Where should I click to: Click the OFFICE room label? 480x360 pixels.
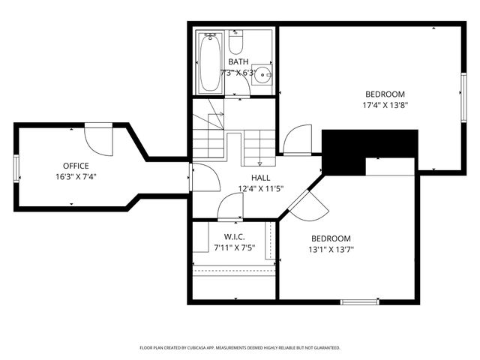click(76, 166)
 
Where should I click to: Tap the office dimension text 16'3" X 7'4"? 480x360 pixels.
click(76, 177)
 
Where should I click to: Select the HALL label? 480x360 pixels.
click(260, 178)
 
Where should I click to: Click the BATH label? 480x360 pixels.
click(238, 61)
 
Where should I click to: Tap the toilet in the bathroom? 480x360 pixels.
click(236, 37)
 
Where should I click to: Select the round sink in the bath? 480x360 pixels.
click(261, 73)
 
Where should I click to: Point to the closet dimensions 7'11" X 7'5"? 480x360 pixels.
click(235, 247)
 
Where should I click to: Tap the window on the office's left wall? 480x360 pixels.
click(16, 168)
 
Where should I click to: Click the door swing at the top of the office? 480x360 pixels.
click(97, 138)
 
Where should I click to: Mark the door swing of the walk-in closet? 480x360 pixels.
click(232, 207)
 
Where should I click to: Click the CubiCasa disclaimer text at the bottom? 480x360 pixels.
click(240, 348)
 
